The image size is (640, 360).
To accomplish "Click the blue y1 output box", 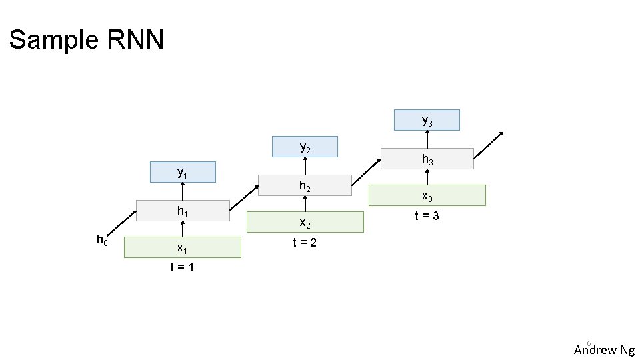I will click(183, 172).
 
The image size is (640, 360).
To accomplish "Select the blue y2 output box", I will click(305, 147).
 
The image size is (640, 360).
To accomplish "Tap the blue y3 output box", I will click(427, 120).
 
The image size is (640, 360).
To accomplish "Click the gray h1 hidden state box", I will click(182, 211).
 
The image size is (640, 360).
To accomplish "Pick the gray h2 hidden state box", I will click(305, 186).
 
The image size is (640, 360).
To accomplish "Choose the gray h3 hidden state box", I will click(427, 159).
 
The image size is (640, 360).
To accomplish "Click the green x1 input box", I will click(182, 247).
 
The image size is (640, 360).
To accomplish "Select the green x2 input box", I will click(305, 222).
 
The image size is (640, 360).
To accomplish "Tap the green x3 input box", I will click(427, 196).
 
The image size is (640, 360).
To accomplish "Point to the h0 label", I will click(102, 240).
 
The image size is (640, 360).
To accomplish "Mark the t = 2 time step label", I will click(305, 243).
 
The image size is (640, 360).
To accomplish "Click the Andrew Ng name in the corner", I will click(604, 350).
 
